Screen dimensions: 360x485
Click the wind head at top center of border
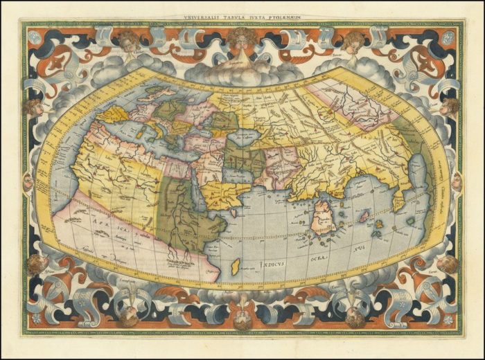click(x=242, y=39)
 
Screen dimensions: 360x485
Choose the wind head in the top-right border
click(x=354, y=39)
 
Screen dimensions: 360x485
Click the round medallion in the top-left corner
click(x=34, y=36)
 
